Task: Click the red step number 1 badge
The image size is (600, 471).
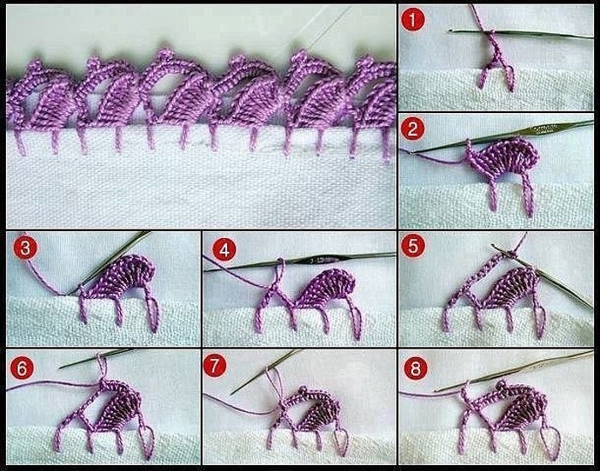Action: click(x=412, y=20)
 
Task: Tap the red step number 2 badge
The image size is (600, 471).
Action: click(x=412, y=128)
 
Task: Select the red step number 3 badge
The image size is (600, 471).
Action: click(x=25, y=247)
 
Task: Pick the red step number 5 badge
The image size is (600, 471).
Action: click(x=413, y=246)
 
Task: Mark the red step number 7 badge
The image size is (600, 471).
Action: click(x=214, y=365)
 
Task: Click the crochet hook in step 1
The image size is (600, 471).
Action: click(x=521, y=34)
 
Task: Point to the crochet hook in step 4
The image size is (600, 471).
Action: click(x=300, y=262)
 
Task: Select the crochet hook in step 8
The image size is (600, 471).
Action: click(x=513, y=371)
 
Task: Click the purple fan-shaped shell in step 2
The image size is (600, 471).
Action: click(x=505, y=158)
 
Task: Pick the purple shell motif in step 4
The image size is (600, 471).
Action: click(x=325, y=289)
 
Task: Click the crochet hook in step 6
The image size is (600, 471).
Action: click(x=98, y=358)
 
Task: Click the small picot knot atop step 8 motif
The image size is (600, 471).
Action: click(x=501, y=385)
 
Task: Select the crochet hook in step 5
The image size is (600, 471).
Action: click(x=543, y=277)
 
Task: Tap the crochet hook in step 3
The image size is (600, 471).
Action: click(x=110, y=263)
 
